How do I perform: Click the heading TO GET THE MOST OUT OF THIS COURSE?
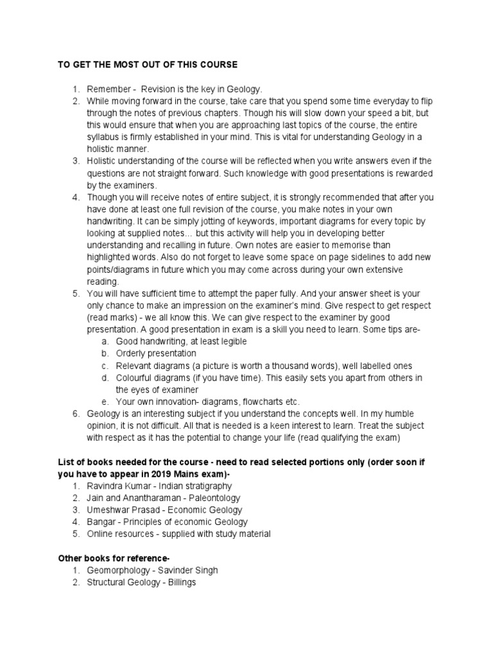click(x=148, y=65)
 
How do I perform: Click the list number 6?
click(x=75, y=414)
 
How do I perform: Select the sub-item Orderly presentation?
click(x=156, y=354)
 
